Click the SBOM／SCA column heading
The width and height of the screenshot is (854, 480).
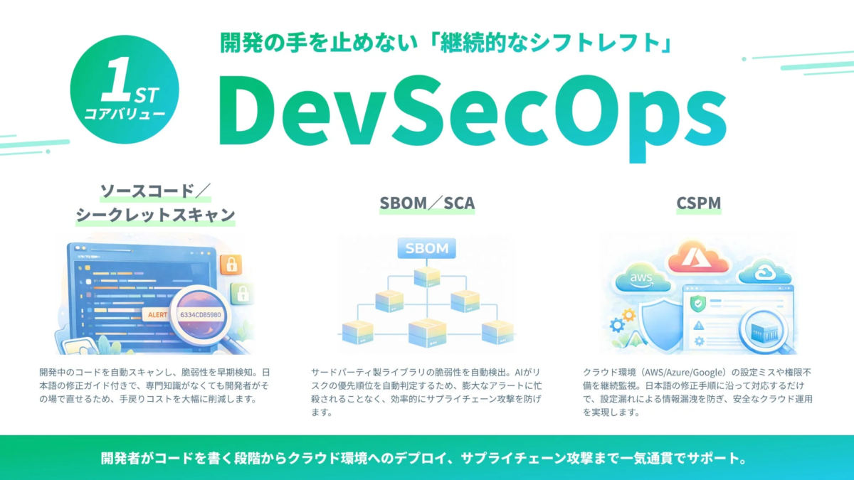point(427,205)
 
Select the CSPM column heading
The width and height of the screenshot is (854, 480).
point(699,205)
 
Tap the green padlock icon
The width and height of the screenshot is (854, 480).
point(243,293)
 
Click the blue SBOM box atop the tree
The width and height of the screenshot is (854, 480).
point(426,249)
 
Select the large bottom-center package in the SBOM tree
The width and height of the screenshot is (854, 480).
point(426,331)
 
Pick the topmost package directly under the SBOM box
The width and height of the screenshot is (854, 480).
point(426,275)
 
